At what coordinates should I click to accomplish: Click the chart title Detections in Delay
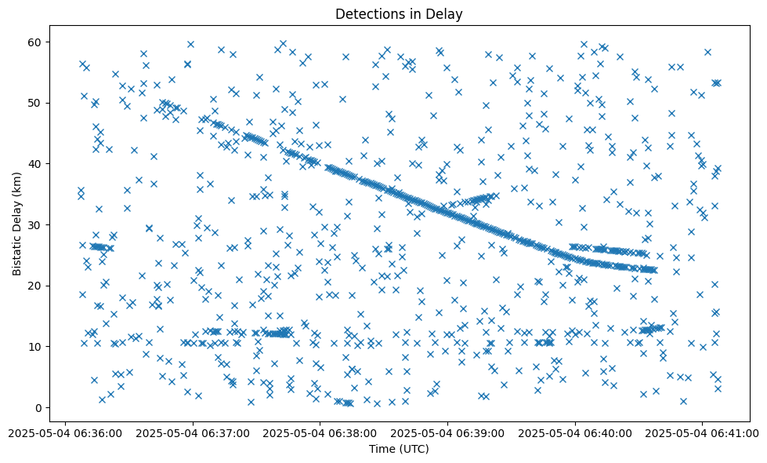[399, 13]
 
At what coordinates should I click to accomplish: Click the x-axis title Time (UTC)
[399, 450]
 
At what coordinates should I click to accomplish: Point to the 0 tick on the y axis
[40, 407]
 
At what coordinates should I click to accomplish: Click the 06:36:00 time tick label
[64, 432]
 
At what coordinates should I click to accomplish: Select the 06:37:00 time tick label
[192, 432]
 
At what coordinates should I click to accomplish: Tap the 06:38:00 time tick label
[320, 432]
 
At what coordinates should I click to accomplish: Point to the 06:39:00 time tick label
[447, 432]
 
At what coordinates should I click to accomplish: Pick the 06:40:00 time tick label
[575, 432]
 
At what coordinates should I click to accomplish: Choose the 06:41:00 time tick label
[703, 432]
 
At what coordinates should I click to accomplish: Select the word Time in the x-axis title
[382, 450]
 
